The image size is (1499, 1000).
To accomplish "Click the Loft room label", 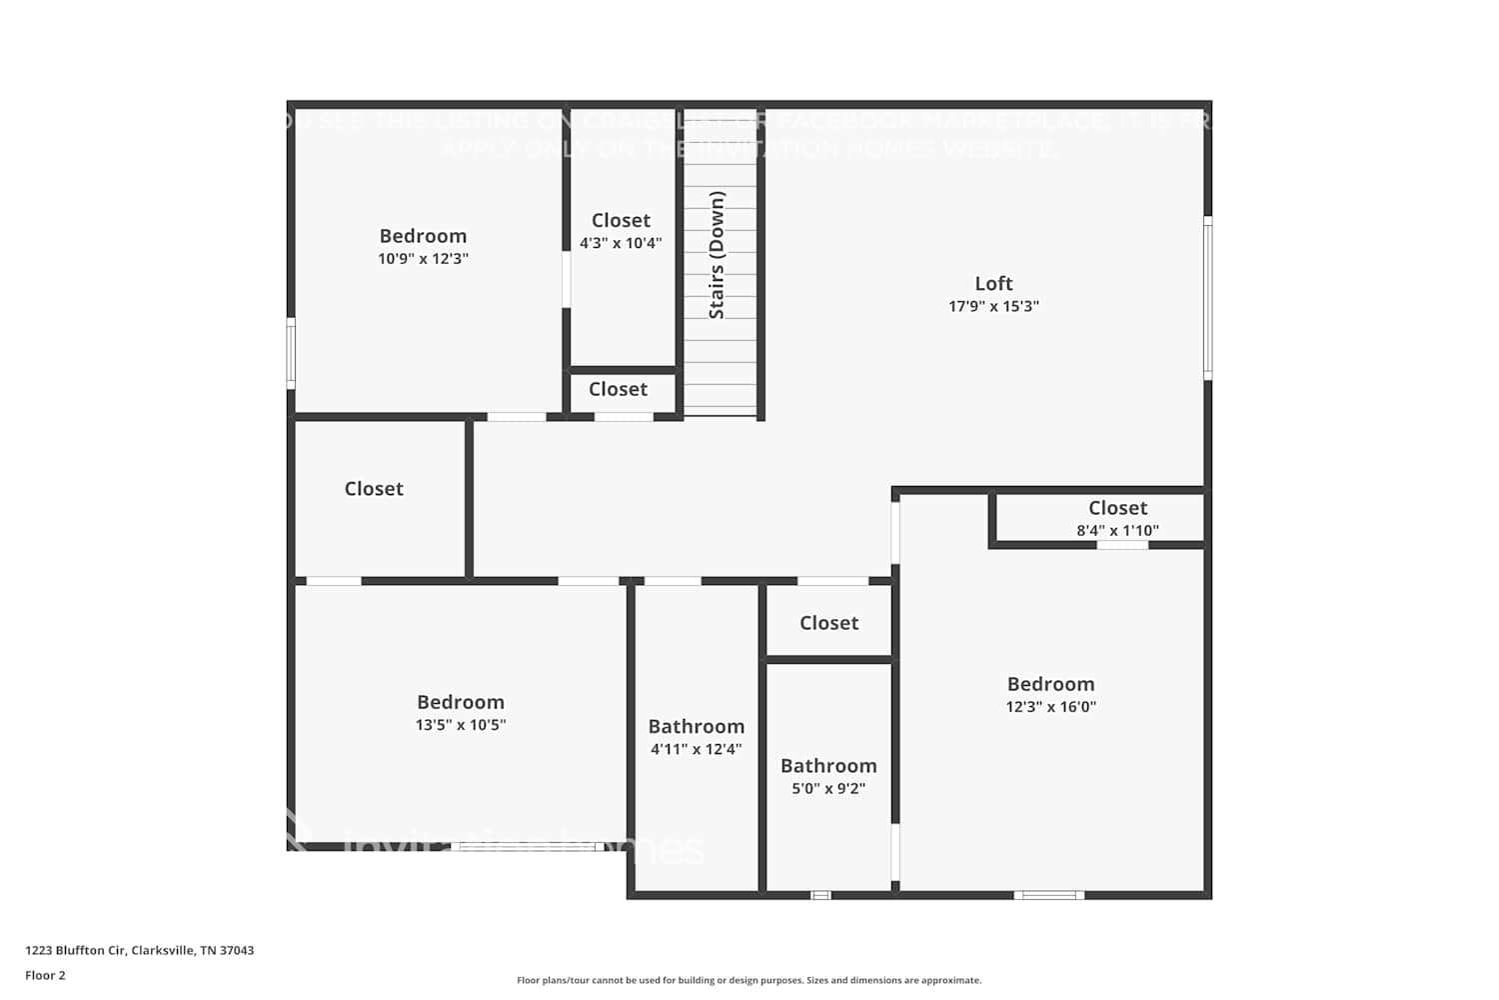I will click(993, 284).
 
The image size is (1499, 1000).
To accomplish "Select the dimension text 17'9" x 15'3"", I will click(993, 307).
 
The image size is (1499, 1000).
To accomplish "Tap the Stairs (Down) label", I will click(717, 255).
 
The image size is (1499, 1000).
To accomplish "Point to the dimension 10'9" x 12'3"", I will click(423, 259).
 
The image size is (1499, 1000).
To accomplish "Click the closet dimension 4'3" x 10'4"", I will click(621, 243).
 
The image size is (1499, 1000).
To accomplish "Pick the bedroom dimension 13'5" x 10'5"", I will click(461, 725).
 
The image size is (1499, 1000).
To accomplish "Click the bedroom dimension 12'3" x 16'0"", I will click(1050, 707).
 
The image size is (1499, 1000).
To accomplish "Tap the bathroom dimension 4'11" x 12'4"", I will click(696, 749).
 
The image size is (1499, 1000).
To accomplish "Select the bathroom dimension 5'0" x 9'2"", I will click(828, 788).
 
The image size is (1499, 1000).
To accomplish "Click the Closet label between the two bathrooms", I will click(828, 623).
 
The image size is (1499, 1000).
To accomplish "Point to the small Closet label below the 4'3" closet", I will click(618, 390).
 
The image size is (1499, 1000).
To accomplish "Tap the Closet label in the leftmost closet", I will click(374, 489).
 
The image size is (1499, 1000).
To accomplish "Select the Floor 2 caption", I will click(45, 975).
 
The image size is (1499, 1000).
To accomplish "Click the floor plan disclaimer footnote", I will click(749, 980).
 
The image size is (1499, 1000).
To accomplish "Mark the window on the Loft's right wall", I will click(1207, 298).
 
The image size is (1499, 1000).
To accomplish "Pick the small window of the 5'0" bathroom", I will click(820, 895).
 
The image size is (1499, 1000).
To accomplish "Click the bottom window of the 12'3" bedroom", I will click(1048, 895).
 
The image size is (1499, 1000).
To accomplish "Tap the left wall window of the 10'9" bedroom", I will click(291, 352).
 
